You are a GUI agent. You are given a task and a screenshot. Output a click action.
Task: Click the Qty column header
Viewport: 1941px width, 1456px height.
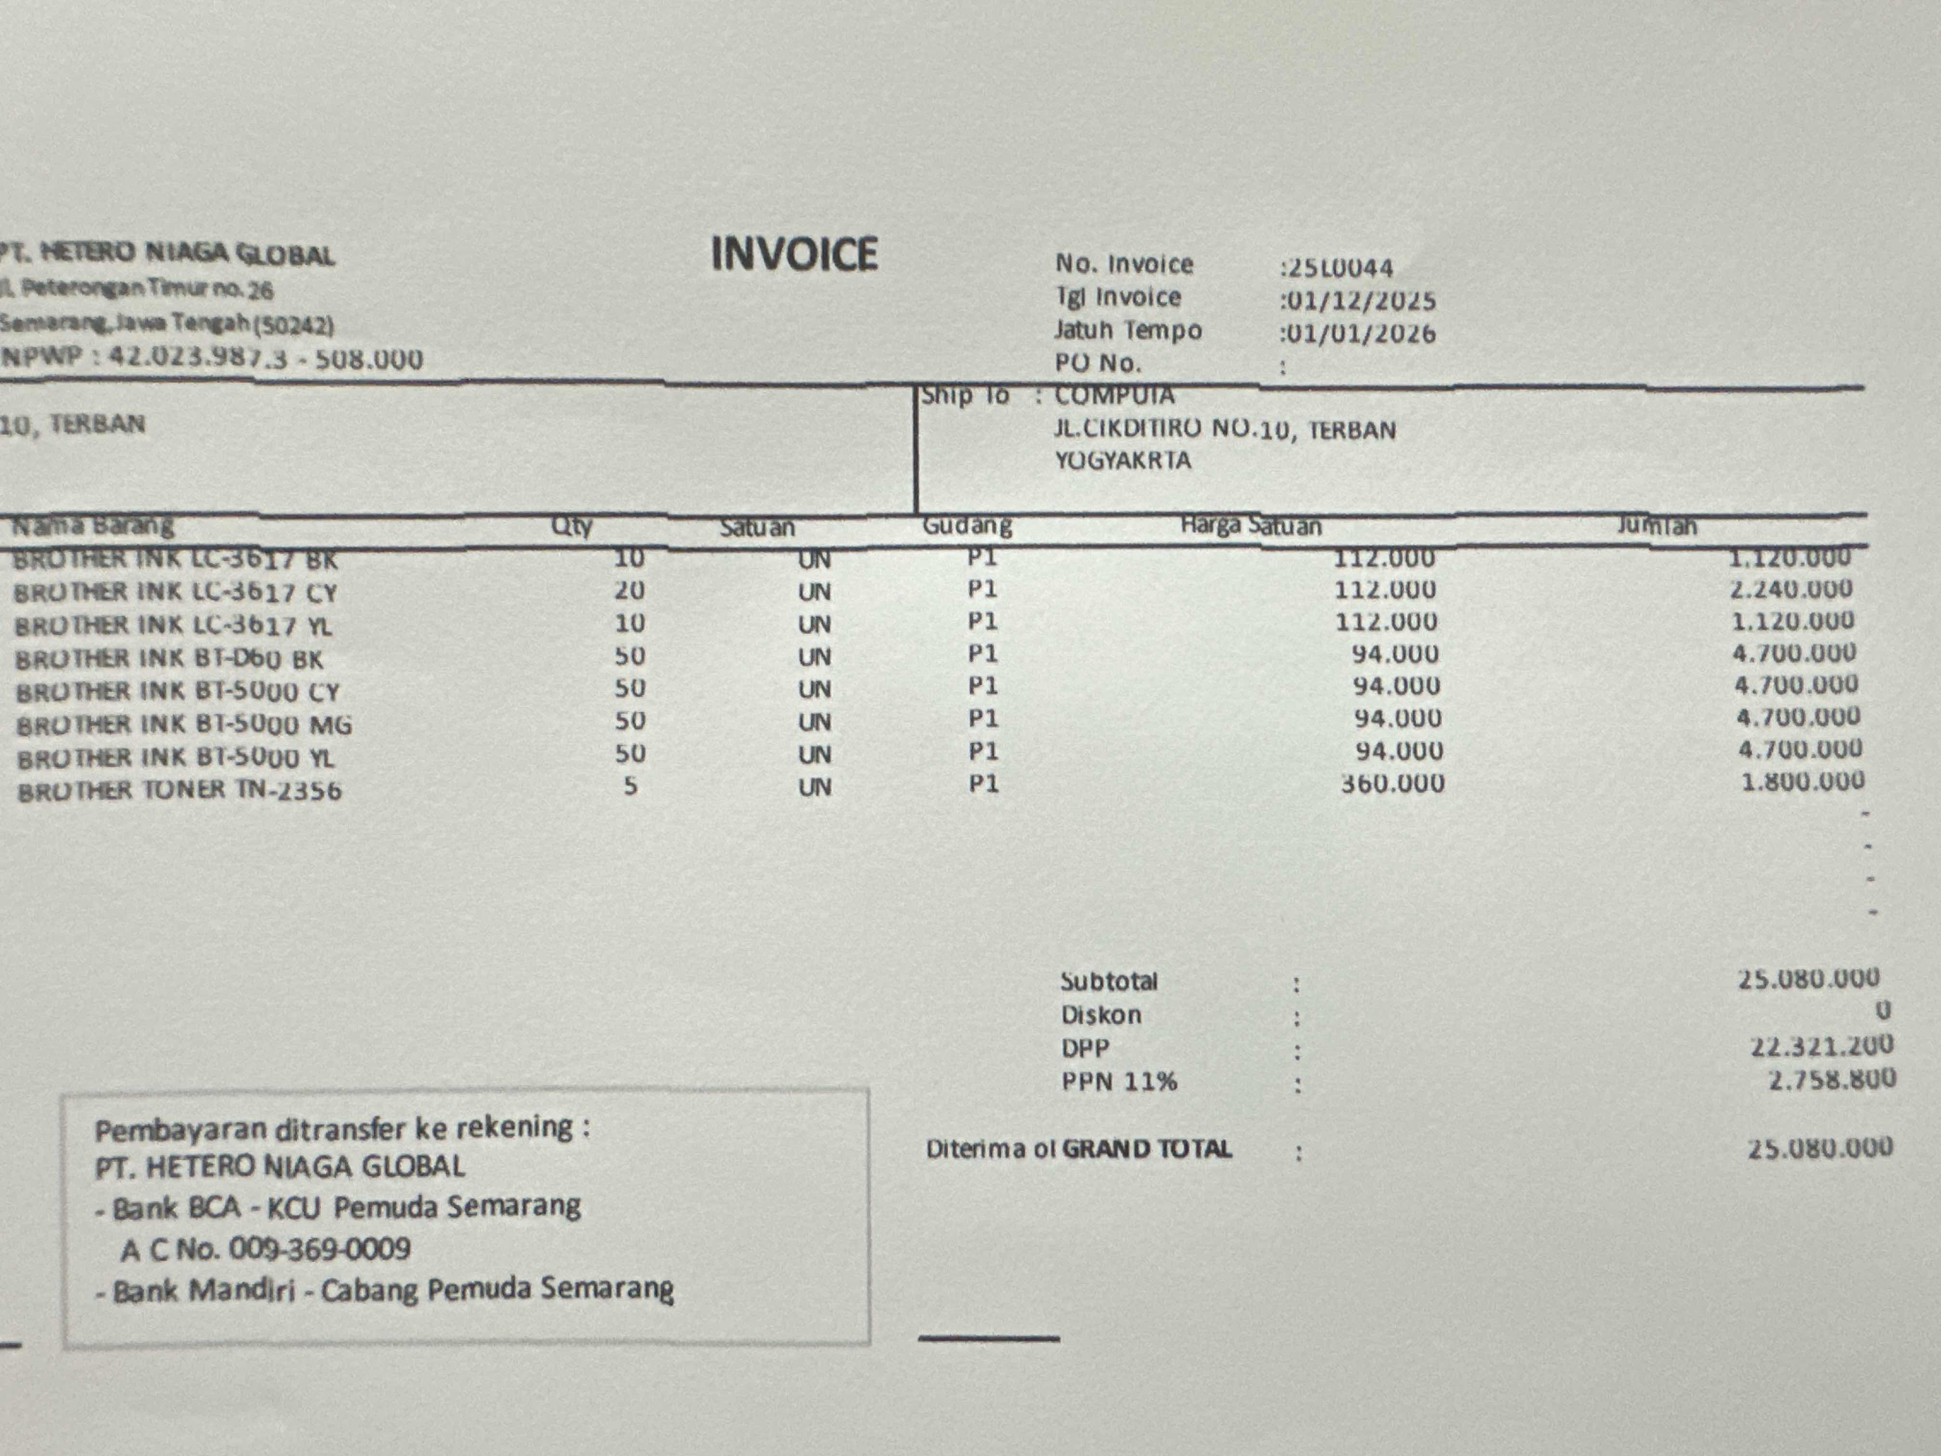tap(571, 527)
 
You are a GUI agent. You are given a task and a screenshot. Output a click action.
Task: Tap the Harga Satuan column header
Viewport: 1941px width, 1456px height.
tap(1250, 526)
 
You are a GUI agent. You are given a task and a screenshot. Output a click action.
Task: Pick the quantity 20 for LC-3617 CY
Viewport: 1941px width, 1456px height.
tap(629, 591)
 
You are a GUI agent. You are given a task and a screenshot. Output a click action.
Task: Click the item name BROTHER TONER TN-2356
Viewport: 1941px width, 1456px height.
tap(180, 791)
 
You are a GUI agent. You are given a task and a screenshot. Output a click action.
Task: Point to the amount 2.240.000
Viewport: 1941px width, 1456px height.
tap(1791, 589)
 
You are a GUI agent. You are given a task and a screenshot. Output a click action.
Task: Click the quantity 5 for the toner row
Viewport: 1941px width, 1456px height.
tap(630, 785)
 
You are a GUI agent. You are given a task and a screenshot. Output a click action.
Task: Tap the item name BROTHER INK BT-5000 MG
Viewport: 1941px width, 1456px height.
tap(184, 725)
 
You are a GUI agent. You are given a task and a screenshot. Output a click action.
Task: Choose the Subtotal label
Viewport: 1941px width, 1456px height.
tap(1108, 981)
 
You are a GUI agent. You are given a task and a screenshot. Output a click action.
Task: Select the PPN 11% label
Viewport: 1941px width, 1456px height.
tap(1119, 1081)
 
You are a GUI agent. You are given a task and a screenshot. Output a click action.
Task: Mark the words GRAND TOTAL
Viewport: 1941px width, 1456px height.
tap(1147, 1149)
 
